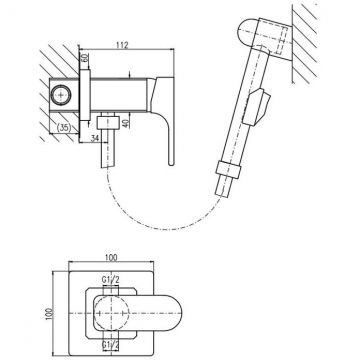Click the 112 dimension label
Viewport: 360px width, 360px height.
(123, 45)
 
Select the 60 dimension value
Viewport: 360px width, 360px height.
(85, 57)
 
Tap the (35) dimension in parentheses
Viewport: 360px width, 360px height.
(64, 128)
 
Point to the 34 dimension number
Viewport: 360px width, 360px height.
(95, 138)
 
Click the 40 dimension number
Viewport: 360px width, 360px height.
(125, 123)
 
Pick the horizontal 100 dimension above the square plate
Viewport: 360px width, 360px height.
(111, 258)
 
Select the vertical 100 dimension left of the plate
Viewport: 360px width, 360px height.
(49, 314)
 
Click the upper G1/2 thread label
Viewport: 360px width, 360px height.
(111, 281)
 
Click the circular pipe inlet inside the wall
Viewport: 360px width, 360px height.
(60, 95)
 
